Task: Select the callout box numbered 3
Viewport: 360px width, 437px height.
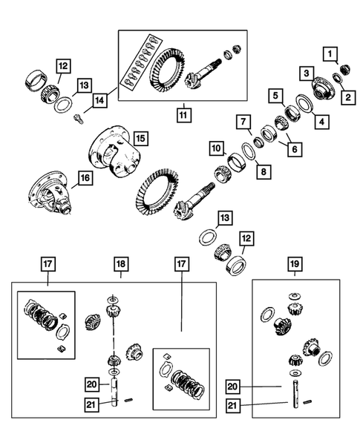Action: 305,73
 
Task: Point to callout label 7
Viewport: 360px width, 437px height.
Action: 242,119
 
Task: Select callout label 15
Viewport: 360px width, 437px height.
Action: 139,138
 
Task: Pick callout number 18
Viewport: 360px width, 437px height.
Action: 120,263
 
